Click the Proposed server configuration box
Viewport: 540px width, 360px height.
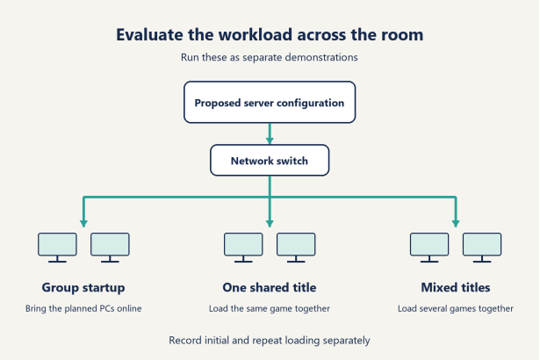click(270, 103)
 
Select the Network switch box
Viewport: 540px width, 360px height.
click(270, 160)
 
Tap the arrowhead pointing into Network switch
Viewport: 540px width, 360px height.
click(270, 140)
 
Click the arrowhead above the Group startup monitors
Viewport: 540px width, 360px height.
click(83, 223)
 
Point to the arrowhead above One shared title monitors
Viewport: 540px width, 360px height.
click(270, 223)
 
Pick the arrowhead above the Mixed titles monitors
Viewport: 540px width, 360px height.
click(456, 223)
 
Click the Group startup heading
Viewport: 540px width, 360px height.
click(83, 288)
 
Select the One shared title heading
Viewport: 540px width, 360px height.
click(270, 287)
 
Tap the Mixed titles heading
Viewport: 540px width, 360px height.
click(456, 287)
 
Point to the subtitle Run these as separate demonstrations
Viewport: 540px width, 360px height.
click(270, 57)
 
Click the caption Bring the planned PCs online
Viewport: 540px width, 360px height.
click(83, 308)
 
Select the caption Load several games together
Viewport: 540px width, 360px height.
click(456, 308)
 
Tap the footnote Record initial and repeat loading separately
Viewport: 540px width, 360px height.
click(270, 341)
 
